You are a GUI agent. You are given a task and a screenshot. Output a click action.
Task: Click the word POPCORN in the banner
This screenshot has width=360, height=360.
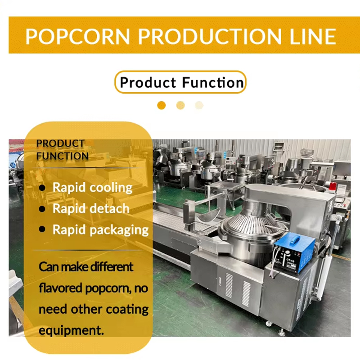coord(77,36)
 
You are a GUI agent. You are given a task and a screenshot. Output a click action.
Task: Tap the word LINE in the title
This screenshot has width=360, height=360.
coord(313,36)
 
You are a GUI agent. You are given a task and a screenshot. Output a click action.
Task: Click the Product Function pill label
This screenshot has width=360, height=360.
coord(180,82)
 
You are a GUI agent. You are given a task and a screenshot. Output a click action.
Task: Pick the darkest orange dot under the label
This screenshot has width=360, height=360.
coord(162,105)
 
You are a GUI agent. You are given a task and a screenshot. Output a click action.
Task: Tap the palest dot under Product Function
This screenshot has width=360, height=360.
coord(199,105)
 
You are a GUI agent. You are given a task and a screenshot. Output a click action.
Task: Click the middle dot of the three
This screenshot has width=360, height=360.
coord(180,105)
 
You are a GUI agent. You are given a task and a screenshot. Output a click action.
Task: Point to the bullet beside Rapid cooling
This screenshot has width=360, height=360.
coord(42,188)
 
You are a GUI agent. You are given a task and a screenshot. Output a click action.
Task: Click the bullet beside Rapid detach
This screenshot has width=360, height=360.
coord(42,209)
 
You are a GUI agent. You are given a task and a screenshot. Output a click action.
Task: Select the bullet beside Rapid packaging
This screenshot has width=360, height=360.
coord(42,229)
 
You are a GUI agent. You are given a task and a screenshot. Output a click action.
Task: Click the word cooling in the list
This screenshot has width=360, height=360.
coord(111,188)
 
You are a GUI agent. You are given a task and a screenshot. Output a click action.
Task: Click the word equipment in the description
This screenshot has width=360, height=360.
coord(71,331)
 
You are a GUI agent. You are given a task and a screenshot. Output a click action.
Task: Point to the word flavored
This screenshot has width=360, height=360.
coord(61,288)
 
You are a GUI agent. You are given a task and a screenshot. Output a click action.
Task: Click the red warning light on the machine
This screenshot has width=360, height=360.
coord(332,186)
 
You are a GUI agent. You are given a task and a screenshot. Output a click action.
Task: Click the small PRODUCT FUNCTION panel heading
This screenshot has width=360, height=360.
coord(63,150)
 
